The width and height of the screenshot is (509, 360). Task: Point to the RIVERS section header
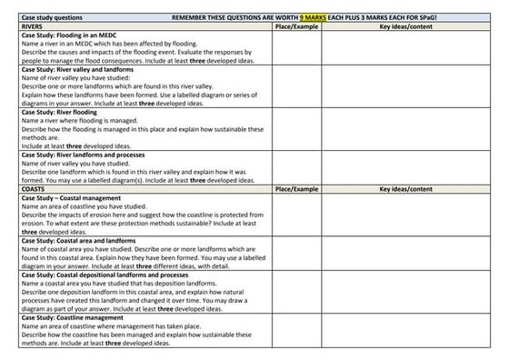point(21,27)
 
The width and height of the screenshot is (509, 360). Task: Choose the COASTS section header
point(22,188)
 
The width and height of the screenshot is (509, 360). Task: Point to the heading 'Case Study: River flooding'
point(54,112)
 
